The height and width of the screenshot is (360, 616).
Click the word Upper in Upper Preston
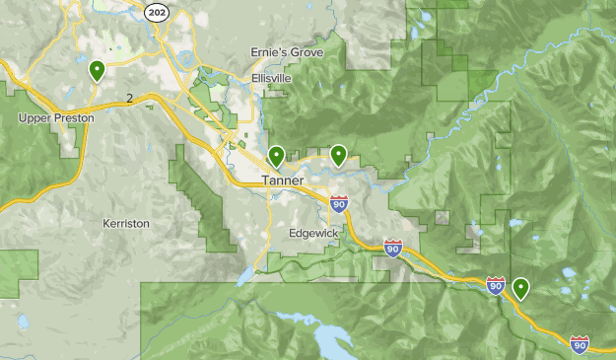[34, 117]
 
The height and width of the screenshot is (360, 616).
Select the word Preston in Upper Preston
[75, 117]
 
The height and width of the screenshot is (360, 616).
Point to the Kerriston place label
[126, 224]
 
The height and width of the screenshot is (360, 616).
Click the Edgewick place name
[313, 234]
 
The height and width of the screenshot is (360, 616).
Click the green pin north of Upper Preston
[97, 70]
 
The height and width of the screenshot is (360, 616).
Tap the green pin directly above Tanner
[276, 155]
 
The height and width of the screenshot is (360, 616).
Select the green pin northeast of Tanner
[338, 154]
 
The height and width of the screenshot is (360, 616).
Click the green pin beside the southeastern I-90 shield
[519, 288]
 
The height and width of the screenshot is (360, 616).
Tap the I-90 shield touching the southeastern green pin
[496, 285]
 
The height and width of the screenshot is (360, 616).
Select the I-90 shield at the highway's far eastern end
[580, 342]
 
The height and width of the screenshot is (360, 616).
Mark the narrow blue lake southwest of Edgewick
[243, 277]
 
